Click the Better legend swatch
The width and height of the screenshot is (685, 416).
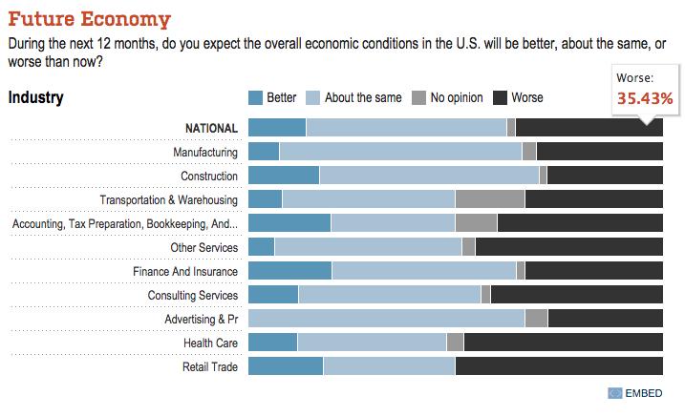click(x=255, y=97)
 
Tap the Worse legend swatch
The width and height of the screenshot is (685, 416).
click(x=501, y=97)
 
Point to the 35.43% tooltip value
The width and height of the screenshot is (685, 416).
click(x=645, y=98)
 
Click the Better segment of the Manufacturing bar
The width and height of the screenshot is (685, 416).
click(x=264, y=152)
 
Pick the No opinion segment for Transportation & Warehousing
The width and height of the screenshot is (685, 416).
click(x=490, y=199)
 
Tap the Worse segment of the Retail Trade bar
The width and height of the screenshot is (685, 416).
click(x=559, y=366)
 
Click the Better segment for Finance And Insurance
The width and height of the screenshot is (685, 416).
click(x=289, y=271)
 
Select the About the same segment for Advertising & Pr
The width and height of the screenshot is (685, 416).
click(x=386, y=319)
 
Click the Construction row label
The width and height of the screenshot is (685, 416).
click(x=209, y=176)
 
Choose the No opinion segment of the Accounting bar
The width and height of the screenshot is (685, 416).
click(x=476, y=223)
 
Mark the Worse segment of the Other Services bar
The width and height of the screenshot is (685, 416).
click(x=568, y=247)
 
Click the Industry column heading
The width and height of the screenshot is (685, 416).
click(x=36, y=97)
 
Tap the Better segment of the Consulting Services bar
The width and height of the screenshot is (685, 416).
click(x=273, y=295)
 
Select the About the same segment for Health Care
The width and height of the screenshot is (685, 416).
click(x=372, y=343)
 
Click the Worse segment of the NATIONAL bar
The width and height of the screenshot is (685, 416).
click(x=589, y=128)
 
